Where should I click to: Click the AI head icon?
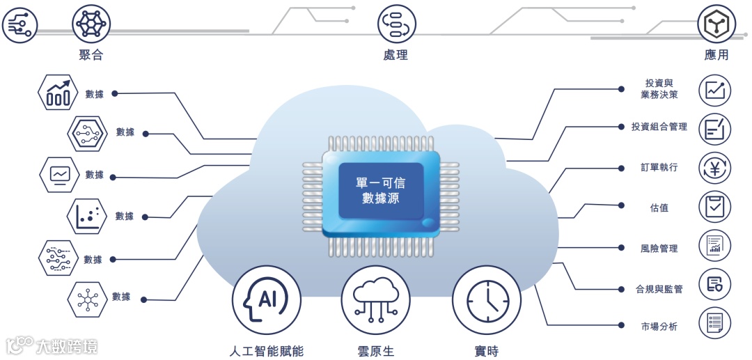[266, 300]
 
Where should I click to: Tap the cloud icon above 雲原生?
[375, 300]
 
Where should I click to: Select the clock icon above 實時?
[486, 300]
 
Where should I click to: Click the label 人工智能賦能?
[266, 351]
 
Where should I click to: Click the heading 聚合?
[91, 55]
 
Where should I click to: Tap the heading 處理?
[395, 55]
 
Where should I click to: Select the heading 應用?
[716, 55]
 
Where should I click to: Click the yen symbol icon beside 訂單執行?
[714, 168]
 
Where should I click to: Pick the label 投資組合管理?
[659, 127]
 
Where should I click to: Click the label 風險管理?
[659, 248]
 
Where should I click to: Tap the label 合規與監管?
[659, 288]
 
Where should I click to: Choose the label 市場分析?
[659, 326]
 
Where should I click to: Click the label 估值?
[659, 208]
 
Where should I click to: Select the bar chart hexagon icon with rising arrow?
[58, 93]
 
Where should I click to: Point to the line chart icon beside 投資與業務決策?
[714, 90]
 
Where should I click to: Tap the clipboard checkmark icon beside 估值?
[714, 207]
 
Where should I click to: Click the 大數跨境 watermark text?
[66, 345]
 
